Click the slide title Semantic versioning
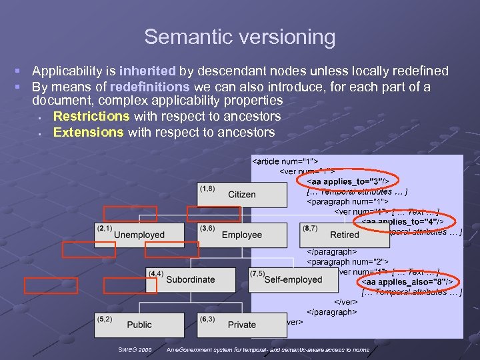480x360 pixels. (239, 37)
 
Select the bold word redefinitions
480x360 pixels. (150, 87)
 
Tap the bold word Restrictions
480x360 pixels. (91, 116)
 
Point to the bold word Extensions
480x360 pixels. (88, 132)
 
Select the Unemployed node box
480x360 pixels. (139, 234)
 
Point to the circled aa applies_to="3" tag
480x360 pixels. (352, 181)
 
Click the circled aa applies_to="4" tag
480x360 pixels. (407, 221)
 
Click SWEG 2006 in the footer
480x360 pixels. (135, 349)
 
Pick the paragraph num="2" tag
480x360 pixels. (347, 262)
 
